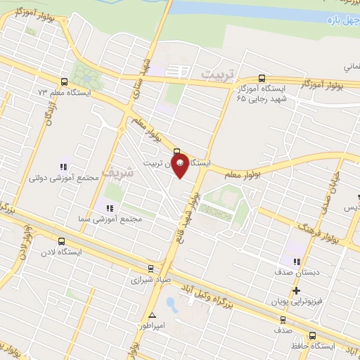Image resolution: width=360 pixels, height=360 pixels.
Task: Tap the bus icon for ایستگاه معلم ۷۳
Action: pyautogui.click(x=65, y=82)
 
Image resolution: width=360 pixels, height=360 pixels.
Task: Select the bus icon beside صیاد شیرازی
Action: pyautogui.click(x=150, y=268)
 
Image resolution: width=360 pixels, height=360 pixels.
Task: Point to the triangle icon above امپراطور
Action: pyautogui.click(x=153, y=314)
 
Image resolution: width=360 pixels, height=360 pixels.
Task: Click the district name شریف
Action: pyautogui.click(x=116, y=170)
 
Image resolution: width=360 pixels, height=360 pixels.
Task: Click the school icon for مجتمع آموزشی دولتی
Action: pyautogui.click(x=63, y=167)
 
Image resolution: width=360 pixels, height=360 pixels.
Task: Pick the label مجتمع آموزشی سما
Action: pyautogui.click(x=117, y=219)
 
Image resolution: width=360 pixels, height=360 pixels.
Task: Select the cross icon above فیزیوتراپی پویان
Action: pyautogui.click(x=296, y=290)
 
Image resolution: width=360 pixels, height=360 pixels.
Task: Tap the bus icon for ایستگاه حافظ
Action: pyautogui.click(x=312, y=335)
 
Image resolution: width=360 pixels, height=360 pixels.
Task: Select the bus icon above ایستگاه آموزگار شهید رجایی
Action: pyautogui.click(x=262, y=78)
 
